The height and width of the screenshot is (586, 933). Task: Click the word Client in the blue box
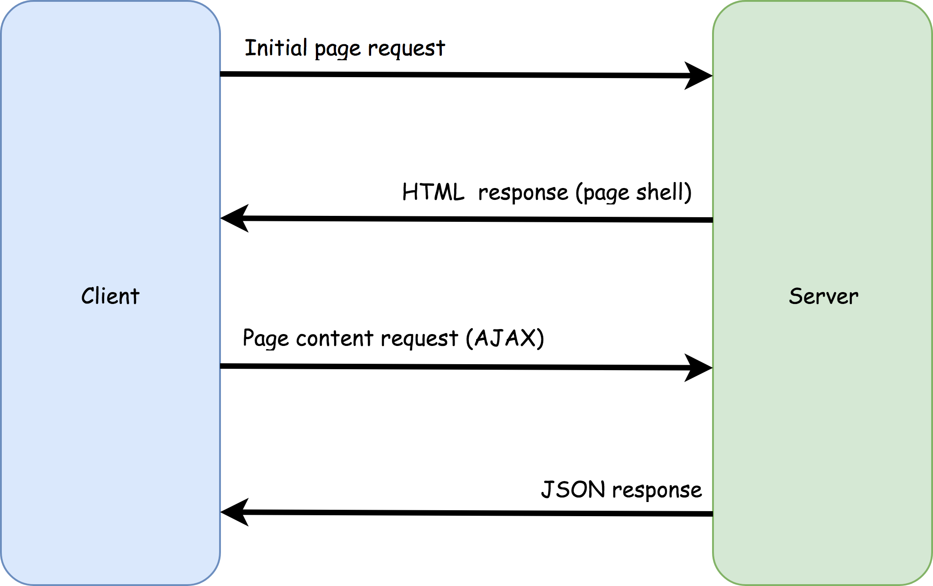(x=110, y=296)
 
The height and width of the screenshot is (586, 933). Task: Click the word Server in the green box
(x=823, y=296)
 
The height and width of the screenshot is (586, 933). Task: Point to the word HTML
(x=433, y=192)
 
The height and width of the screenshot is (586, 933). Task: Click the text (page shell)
(x=634, y=192)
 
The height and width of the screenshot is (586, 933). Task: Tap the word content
(x=335, y=339)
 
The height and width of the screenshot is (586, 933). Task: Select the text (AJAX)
(x=505, y=338)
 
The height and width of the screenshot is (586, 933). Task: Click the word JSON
(x=573, y=489)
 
